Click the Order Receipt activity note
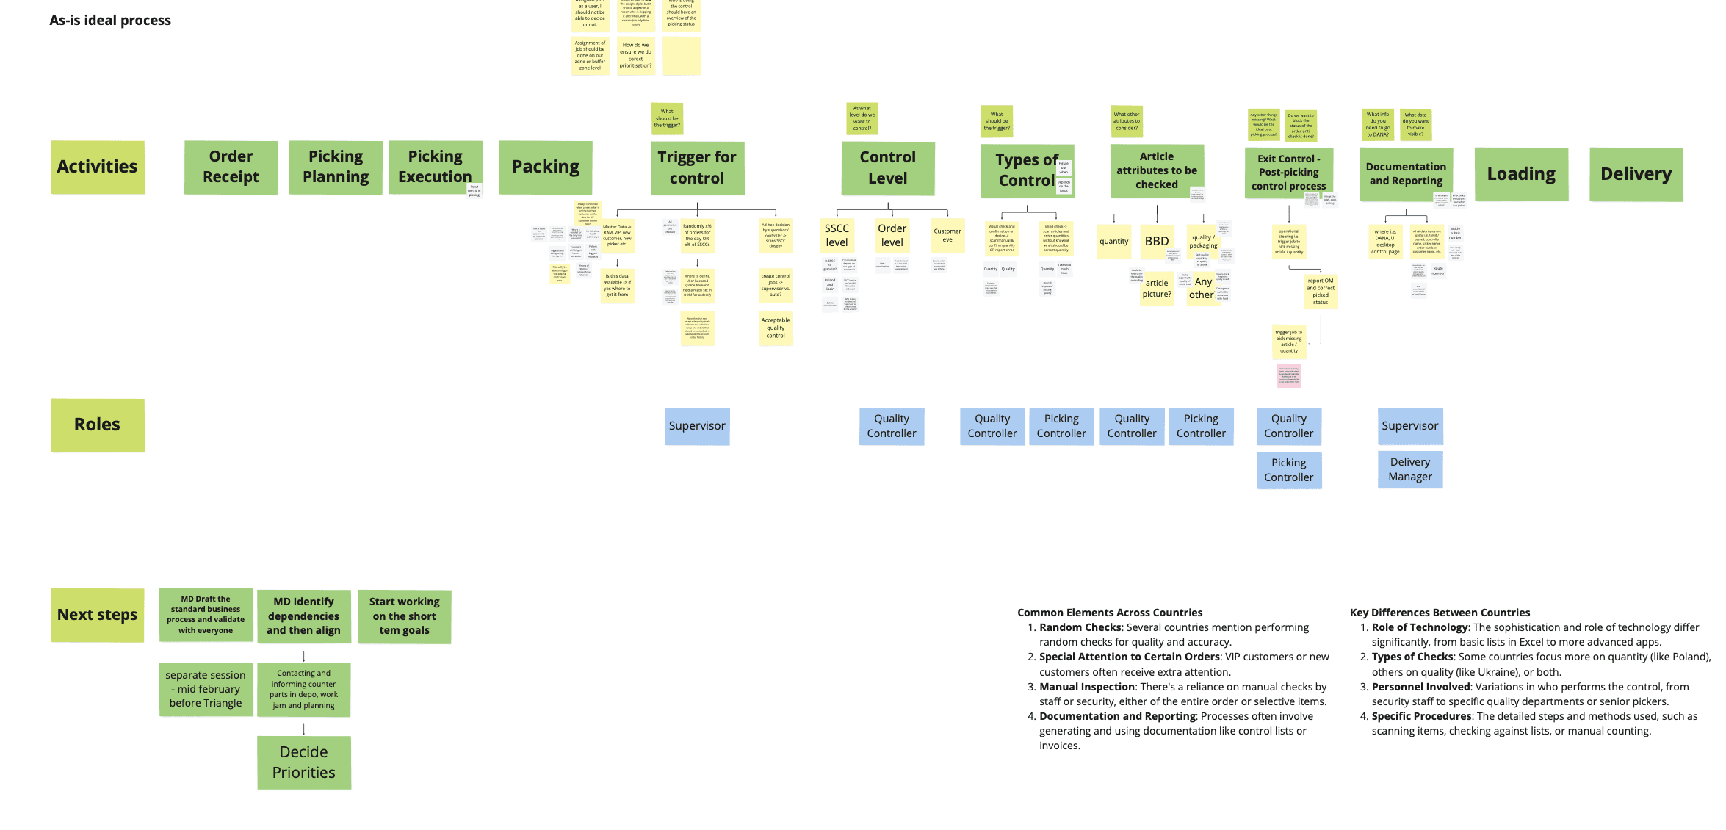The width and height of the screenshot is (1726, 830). pos(231,167)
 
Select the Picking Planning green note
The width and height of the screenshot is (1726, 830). pos(336,167)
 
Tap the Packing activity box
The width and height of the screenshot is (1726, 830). pos(545,167)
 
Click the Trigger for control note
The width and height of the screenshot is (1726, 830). pos(696,168)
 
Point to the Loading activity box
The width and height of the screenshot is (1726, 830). pos(1521,174)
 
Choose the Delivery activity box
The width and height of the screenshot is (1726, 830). pos(1636,174)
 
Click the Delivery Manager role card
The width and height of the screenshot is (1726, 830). pos(1409,469)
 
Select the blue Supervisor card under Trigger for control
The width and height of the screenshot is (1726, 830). pos(696,426)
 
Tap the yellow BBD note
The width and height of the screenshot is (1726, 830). pos(1156,242)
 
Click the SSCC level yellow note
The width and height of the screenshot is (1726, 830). pos(837,236)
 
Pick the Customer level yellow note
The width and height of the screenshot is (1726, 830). pos(947,236)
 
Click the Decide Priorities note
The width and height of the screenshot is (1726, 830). pos(303,762)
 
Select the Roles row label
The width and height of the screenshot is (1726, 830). pos(97,425)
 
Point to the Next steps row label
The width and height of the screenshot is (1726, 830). pos(97,615)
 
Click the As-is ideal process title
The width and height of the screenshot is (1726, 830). pos(110,21)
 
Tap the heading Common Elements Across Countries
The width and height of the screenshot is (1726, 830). pos(1109,613)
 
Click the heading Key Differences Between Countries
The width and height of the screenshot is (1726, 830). pos(1440,613)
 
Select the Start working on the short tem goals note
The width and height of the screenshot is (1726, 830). pos(404,616)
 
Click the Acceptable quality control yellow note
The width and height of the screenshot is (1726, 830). pos(775,328)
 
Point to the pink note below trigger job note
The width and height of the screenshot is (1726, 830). pos(1288,375)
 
